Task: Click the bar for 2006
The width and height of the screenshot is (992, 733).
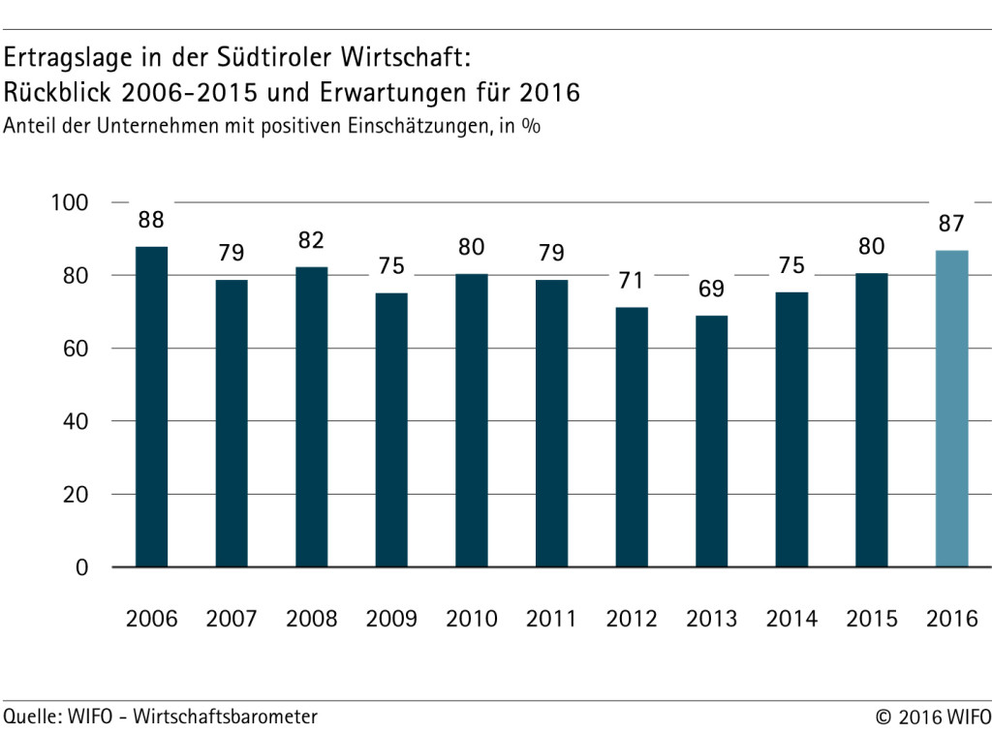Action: [x=151, y=407]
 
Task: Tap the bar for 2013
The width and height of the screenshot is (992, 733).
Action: [x=711, y=441]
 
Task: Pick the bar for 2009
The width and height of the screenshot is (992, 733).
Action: [x=391, y=430]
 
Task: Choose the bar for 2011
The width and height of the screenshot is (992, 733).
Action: [x=551, y=423]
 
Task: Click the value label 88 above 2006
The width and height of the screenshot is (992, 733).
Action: [x=151, y=220]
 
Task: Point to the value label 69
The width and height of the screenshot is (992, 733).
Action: [x=711, y=289]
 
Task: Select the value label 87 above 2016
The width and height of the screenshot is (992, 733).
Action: [x=951, y=224]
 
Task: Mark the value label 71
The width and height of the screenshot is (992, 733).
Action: [x=632, y=282]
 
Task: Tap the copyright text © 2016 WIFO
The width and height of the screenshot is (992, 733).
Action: [x=932, y=718]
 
